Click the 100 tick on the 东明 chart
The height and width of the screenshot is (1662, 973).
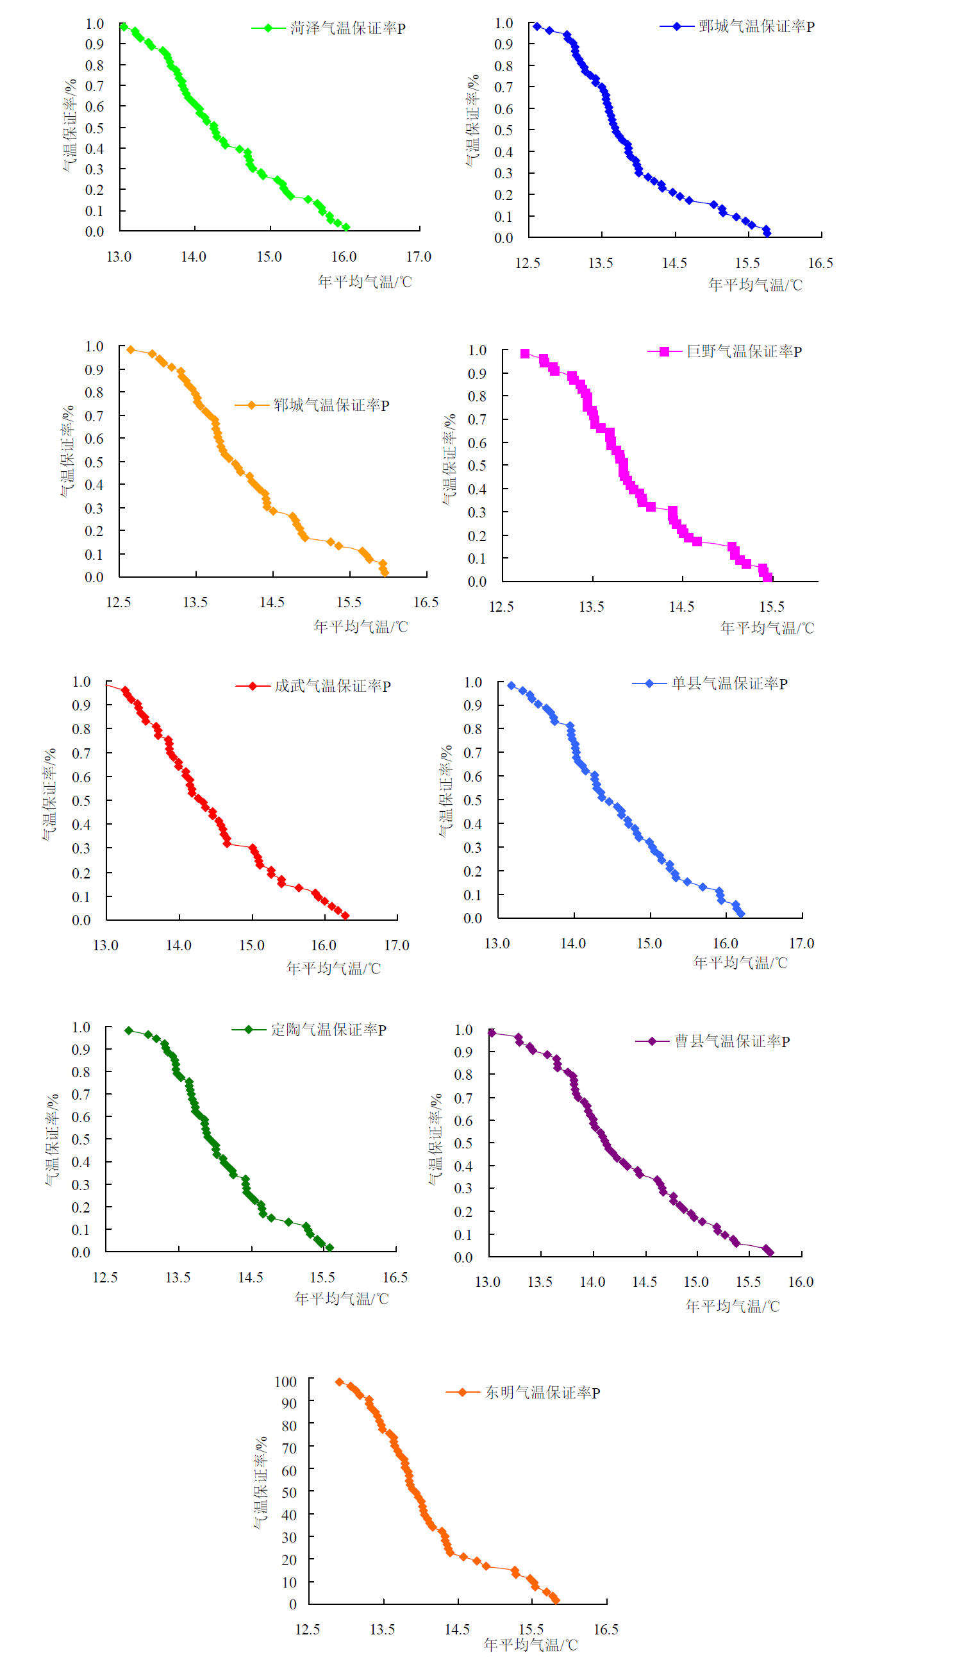point(285,1382)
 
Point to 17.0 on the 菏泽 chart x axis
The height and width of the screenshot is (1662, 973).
point(419,257)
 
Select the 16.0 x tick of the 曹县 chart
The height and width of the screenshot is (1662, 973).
point(801,1282)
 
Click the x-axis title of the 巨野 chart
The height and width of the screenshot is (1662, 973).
point(767,628)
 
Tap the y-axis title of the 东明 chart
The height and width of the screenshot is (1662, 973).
point(260,1483)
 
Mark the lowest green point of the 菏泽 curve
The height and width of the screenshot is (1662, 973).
point(346,228)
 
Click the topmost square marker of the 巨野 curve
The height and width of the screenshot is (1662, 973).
point(525,354)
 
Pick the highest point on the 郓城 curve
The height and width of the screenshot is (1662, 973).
point(131,349)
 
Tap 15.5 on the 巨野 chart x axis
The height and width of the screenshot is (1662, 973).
point(771,607)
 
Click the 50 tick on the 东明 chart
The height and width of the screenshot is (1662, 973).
point(288,1493)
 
